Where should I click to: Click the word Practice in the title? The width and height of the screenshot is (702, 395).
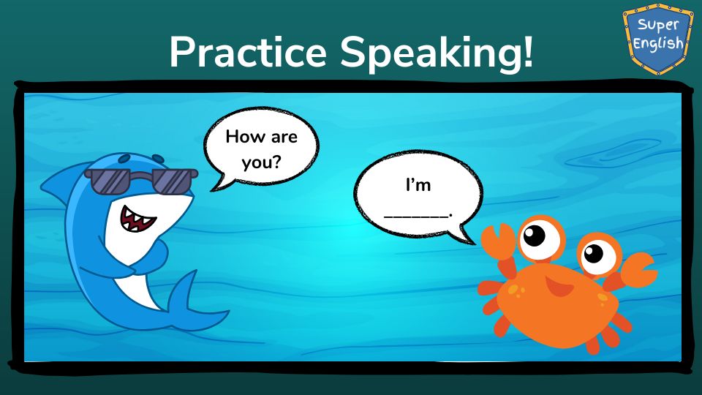tap(248, 52)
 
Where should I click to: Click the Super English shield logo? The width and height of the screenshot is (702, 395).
tap(657, 39)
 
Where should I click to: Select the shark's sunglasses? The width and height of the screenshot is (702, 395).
tap(141, 181)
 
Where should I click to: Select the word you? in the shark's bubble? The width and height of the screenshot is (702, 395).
tap(262, 162)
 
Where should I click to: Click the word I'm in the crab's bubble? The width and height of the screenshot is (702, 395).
tap(418, 184)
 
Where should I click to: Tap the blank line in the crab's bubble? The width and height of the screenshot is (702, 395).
tap(416, 217)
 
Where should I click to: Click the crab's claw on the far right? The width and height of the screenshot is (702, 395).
tap(635, 271)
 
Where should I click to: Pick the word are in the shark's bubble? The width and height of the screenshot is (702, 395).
tap(284, 137)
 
